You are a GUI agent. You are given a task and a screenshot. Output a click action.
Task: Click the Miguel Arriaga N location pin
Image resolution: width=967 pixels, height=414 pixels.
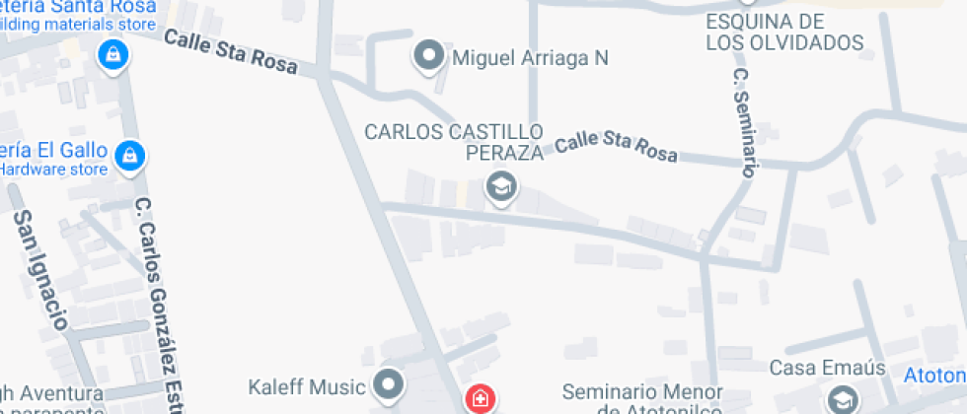tap(428, 57)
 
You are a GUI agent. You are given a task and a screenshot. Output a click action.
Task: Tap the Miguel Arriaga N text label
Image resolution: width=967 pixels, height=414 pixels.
tap(529, 58)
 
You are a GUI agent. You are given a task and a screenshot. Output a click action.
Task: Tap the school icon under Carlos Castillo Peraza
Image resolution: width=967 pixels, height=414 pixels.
tap(501, 187)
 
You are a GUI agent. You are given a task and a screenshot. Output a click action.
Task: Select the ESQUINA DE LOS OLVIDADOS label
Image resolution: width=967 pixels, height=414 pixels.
tap(784, 33)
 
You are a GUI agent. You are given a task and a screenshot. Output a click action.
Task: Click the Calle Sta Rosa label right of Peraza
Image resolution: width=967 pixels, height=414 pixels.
tap(616, 148)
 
